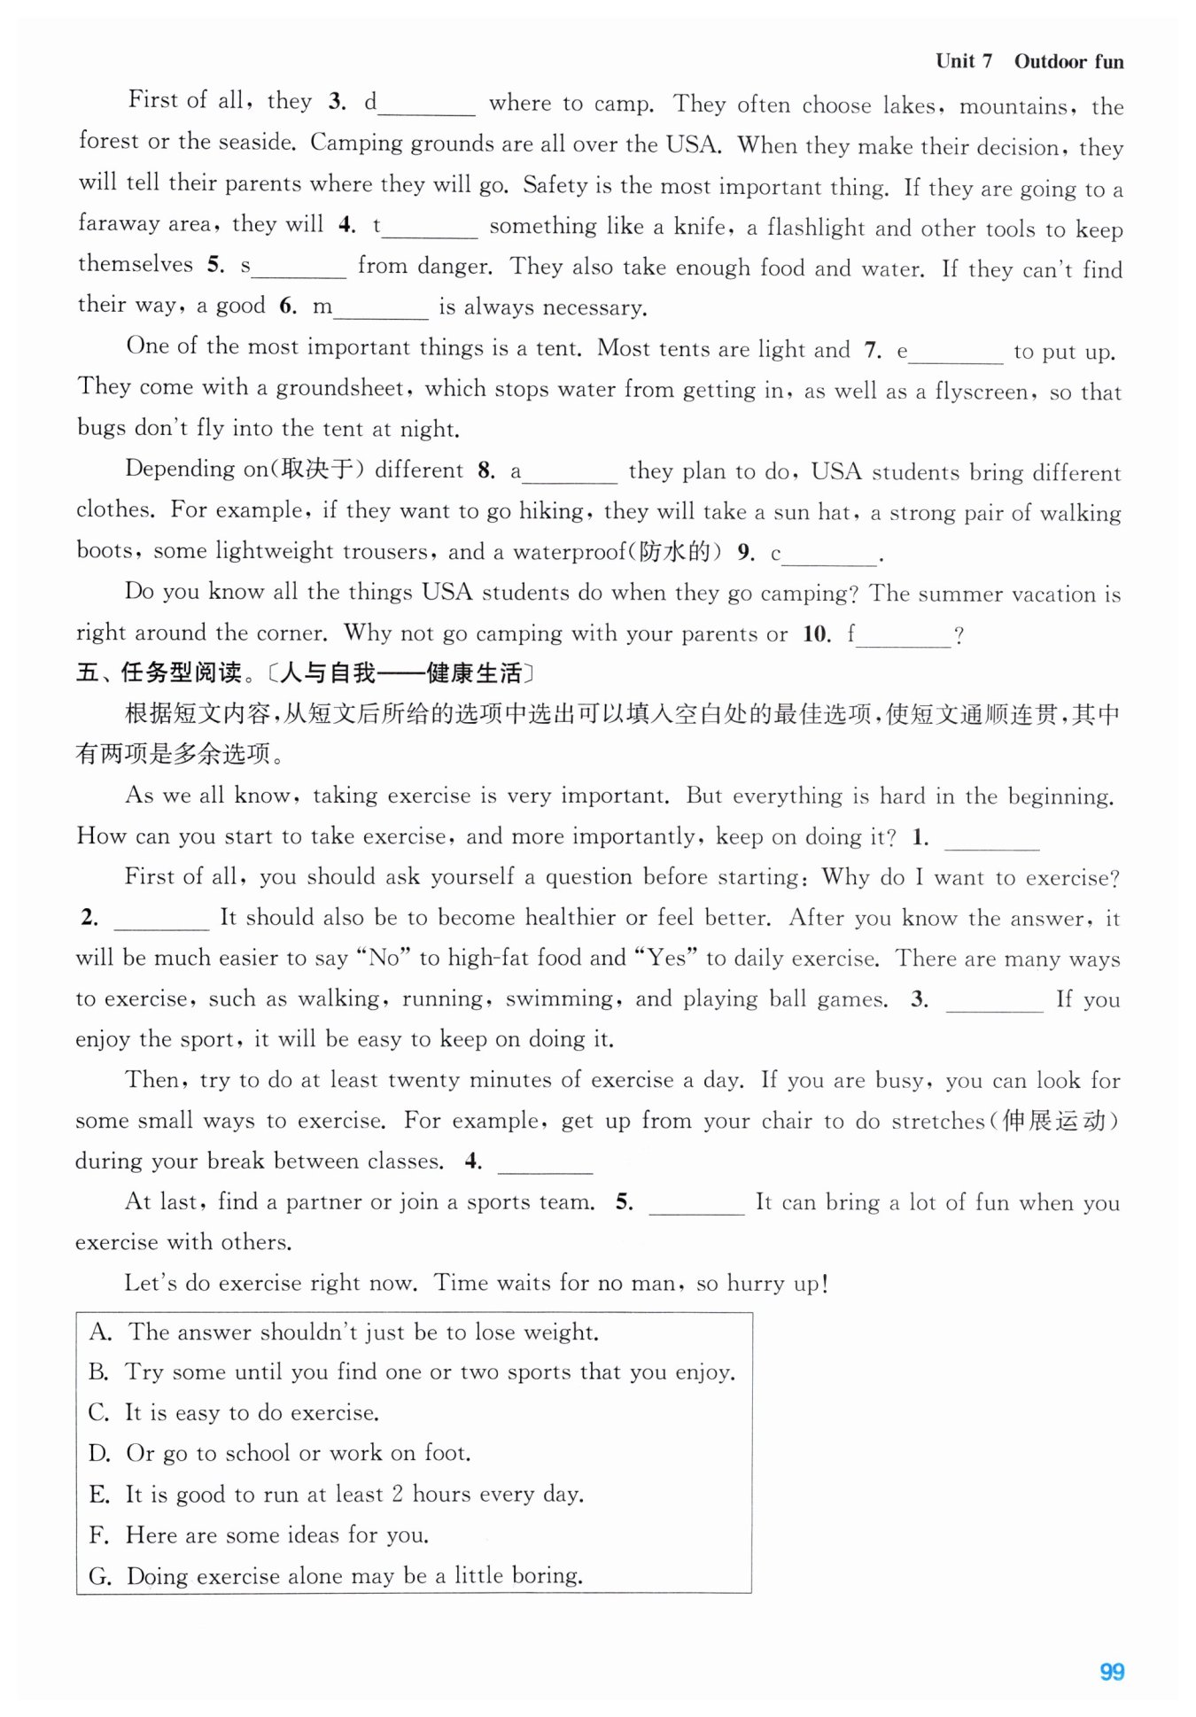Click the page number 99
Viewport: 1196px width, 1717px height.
(x=1112, y=1671)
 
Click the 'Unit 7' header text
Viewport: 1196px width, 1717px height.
(x=963, y=61)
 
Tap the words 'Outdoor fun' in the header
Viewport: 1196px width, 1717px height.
(x=1068, y=62)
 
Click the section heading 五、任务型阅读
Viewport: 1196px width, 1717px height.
(x=159, y=672)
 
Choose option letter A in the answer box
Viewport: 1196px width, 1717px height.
(x=100, y=1332)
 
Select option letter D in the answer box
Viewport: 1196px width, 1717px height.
(x=100, y=1454)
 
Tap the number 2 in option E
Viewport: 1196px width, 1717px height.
(x=398, y=1494)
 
